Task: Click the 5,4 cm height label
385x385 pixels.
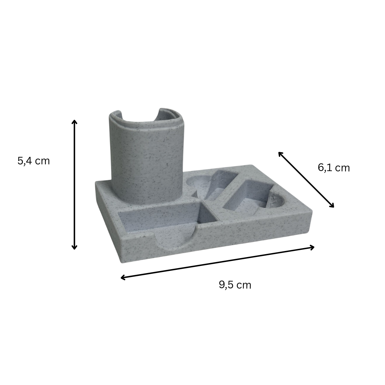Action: (x=34, y=161)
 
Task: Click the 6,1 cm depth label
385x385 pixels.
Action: (x=334, y=168)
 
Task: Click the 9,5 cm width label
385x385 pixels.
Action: (x=235, y=285)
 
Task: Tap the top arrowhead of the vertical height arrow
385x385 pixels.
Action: (x=74, y=122)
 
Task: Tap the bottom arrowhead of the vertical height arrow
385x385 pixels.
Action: (x=74, y=247)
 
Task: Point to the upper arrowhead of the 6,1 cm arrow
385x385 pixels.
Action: (x=280, y=154)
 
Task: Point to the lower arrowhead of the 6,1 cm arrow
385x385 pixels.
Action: (x=332, y=206)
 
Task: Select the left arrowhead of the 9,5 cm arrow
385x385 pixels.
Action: (x=123, y=277)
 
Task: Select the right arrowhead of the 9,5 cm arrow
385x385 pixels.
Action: (x=312, y=247)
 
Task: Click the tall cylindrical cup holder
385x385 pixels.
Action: (x=147, y=157)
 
